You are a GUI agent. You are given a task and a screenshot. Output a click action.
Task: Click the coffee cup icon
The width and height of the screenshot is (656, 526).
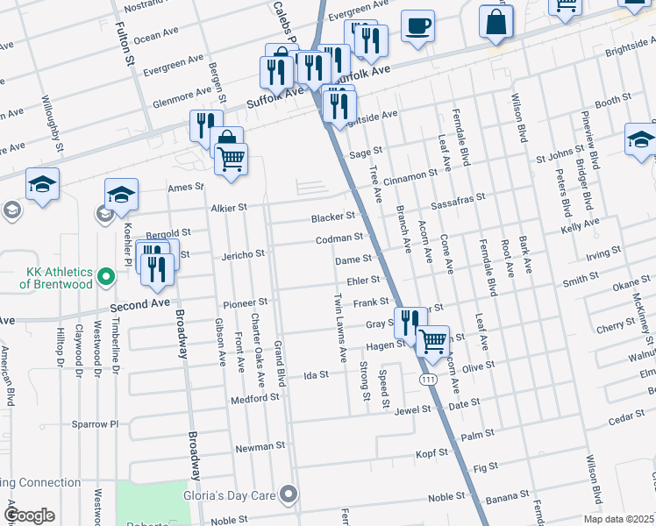[x=418, y=25]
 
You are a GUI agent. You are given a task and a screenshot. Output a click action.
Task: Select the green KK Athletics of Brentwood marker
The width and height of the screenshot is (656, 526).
[x=107, y=277]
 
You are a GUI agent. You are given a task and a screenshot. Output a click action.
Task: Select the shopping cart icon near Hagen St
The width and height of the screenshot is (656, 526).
[x=433, y=341]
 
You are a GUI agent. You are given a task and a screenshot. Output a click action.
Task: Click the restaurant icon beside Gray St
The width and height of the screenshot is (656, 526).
[x=409, y=323]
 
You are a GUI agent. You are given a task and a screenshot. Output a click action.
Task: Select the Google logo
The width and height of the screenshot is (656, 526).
[x=29, y=515]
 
